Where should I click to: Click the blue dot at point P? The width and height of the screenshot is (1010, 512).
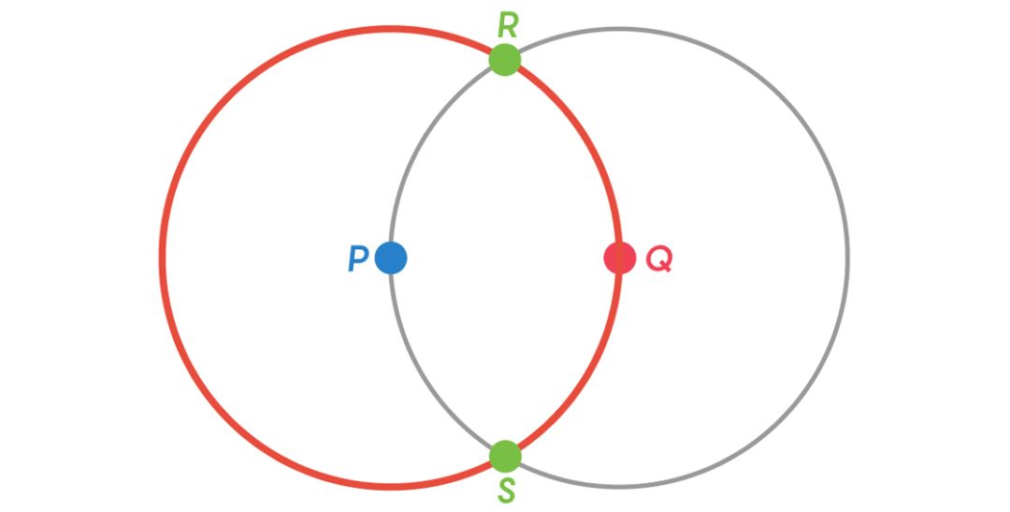click(391, 257)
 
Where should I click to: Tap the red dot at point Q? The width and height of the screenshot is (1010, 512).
click(619, 257)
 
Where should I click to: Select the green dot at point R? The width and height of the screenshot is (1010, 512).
click(505, 60)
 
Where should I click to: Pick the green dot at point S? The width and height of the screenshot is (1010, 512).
click(505, 456)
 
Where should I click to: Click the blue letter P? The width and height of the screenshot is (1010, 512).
click(357, 258)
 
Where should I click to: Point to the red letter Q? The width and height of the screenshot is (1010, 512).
click(658, 258)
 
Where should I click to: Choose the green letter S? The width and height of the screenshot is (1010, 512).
click(506, 490)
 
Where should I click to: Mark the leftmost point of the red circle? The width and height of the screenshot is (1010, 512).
click(163, 257)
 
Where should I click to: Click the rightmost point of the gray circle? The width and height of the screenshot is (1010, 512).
click(847, 257)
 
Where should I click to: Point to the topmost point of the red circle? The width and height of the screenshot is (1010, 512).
click(391, 29)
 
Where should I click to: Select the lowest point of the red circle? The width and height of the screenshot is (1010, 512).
click(391, 486)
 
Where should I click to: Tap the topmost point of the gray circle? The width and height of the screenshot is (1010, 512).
click(619, 29)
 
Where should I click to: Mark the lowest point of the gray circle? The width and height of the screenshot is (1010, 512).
click(619, 486)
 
